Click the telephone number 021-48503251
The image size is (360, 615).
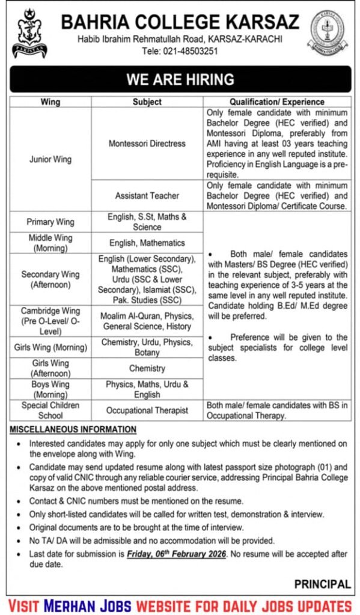coord(188,51)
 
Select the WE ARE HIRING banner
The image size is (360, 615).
coord(180,79)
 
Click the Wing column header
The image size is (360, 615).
coord(50,102)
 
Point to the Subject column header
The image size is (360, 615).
coord(147,102)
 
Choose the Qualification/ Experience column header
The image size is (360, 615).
coord(277,102)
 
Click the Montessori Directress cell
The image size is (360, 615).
coord(147,144)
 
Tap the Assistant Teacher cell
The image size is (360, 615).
coord(147,196)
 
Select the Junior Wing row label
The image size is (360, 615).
coord(50,159)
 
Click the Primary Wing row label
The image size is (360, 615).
coord(50,222)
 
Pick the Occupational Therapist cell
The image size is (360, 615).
coord(147,411)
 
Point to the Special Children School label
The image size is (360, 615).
coord(50,411)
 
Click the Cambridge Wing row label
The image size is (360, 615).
coord(50,321)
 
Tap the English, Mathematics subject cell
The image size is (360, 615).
coord(147,243)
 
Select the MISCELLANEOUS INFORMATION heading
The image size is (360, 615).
coord(73,430)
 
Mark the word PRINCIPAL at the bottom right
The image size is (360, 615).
coord(322,584)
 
